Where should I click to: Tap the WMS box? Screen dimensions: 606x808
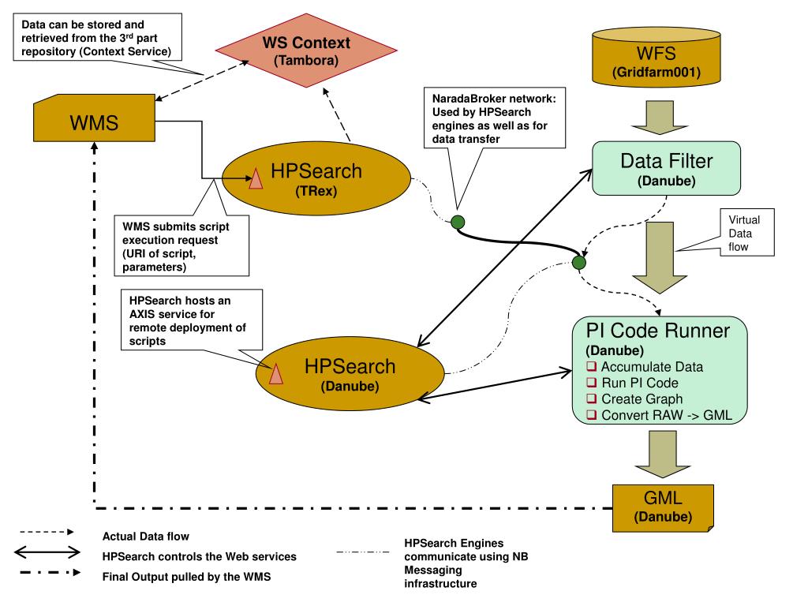(x=93, y=122)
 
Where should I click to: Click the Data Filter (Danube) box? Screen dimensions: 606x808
(x=666, y=169)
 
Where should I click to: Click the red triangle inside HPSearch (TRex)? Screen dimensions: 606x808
(x=256, y=180)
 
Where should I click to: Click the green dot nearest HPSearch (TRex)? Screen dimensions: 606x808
(x=457, y=222)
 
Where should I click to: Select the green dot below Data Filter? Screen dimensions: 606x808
(x=579, y=261)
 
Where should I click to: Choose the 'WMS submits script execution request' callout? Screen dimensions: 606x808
(x=181, y=245)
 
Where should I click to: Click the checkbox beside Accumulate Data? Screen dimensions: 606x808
(x=591, y=367)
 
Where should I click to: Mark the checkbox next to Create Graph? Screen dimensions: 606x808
(x=591, y=399)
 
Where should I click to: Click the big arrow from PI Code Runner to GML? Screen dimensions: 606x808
(x=657, y=455)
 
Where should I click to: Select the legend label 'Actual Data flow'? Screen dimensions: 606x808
(x=146, y=537)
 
